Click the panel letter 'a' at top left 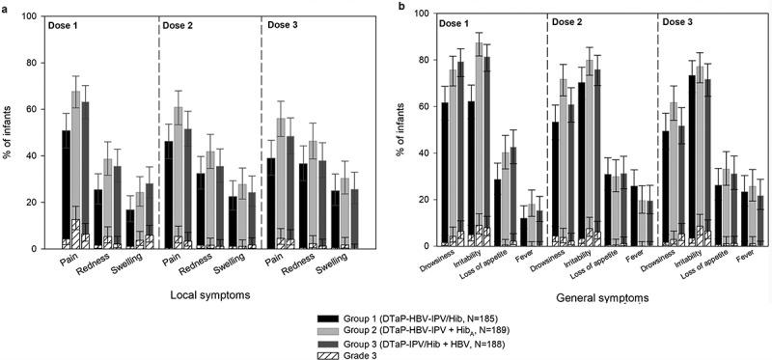5,7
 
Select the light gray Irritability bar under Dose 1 480,145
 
